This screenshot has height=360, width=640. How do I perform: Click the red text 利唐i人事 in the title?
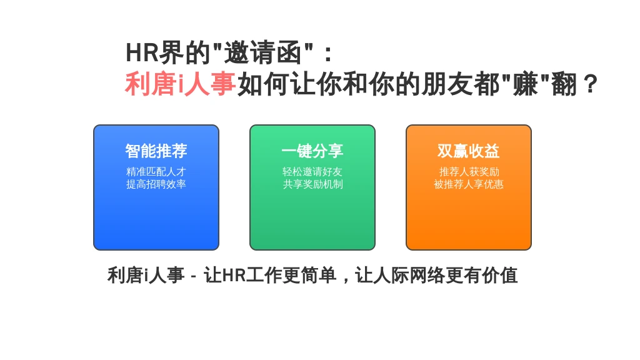click(180, 84)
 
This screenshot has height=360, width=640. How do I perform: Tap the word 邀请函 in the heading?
click(263, 52)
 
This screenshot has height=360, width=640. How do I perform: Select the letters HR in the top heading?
click(142, 53)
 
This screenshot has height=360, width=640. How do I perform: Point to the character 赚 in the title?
click(525, 84)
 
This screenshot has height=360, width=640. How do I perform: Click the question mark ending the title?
click(590, 84)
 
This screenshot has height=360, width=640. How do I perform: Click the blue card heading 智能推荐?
click(156, 151)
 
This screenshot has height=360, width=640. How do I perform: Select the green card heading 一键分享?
click(312, 151)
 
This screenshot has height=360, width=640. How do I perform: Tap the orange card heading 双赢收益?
click(469, 151)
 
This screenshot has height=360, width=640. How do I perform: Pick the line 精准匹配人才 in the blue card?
click(156, 171)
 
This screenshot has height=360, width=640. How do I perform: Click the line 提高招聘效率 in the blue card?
click(156, 184)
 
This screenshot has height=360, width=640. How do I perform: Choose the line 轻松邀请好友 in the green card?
click(312, 171)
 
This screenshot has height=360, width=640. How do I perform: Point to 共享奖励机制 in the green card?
click(312, 184)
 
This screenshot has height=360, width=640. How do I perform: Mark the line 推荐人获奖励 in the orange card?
click(469, 171)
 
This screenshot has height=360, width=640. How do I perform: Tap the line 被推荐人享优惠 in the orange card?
click(469, 184)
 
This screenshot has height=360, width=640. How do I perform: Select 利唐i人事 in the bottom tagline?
click(146, 275)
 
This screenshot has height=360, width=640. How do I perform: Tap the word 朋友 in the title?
click(446, 84)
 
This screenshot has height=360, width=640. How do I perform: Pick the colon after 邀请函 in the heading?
click(327, 54)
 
